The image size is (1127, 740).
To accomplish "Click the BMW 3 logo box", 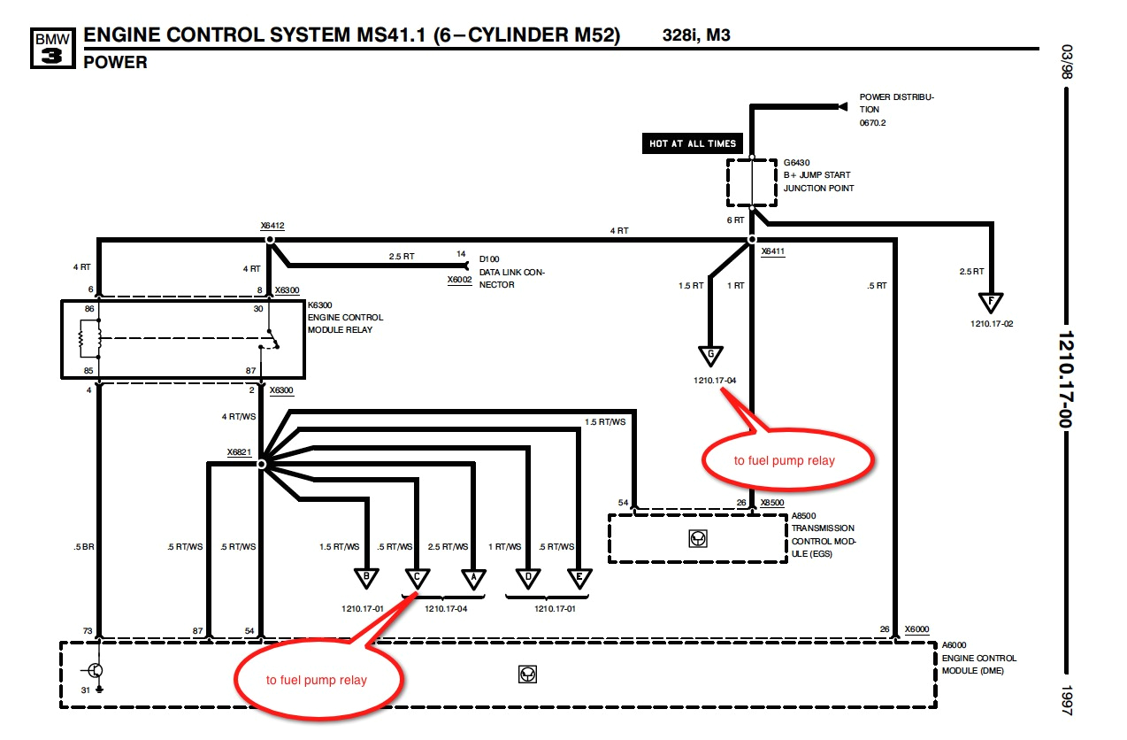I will (51, 48).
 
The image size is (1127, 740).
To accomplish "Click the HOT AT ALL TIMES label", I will (693, 143).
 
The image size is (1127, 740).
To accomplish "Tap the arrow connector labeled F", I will (991, 304).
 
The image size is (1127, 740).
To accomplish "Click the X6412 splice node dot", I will (271, 240).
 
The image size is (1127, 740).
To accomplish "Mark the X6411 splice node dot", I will (751, 240).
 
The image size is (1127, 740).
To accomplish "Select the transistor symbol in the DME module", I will (96, 670).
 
